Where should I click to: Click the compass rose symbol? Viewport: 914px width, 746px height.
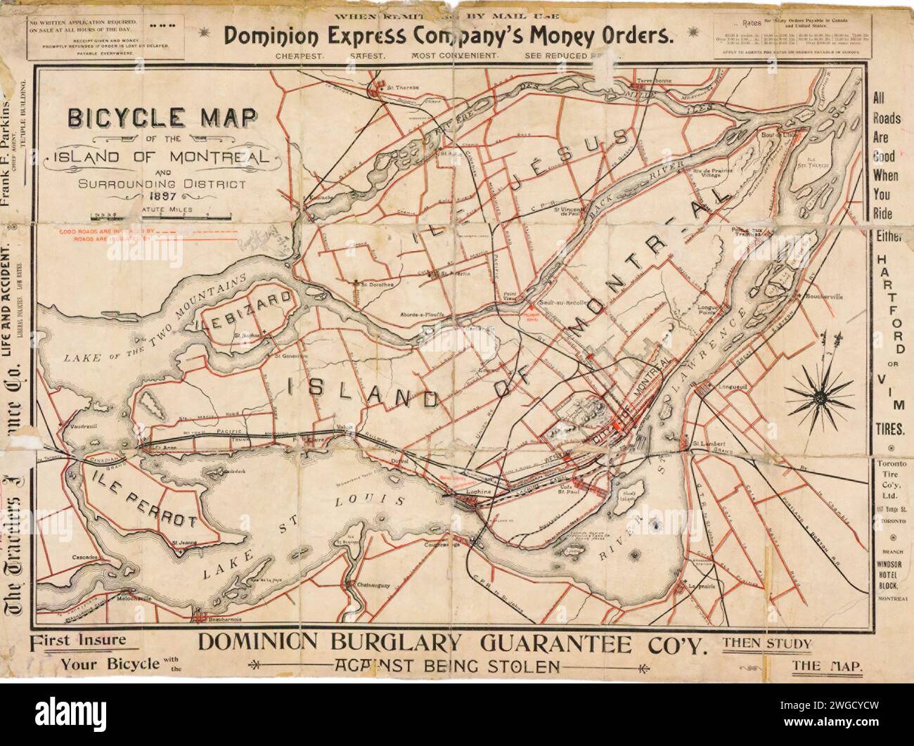click(818, 388)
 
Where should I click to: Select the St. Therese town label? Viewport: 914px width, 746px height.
click(403, 87)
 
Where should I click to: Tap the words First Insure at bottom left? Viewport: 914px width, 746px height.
click(79, 641)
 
